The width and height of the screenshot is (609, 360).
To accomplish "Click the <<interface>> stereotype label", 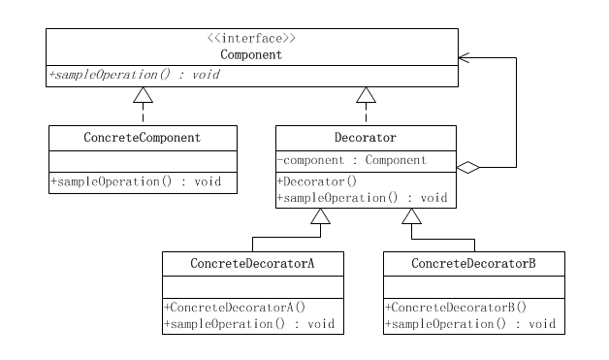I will click(251, 39).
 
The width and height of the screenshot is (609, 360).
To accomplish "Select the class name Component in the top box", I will click(251, 55).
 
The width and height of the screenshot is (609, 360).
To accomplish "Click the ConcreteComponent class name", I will click(142, 138).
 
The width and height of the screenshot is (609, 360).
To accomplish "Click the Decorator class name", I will click(365, 138).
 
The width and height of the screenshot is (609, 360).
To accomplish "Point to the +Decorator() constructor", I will click(317, 180).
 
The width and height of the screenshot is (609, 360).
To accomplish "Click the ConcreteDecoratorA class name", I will click(253, 263).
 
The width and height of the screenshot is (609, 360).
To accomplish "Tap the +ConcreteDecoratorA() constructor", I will click(235, 307).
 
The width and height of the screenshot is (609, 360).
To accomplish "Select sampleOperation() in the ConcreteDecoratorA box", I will click(250, 323).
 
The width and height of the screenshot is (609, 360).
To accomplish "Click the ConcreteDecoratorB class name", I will click(473, 263).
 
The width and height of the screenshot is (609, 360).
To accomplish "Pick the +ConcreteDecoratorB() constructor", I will click(456, 307).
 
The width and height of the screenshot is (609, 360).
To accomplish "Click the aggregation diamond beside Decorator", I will click(468, 168).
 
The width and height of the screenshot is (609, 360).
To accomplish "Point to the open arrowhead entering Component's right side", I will click(465, 57).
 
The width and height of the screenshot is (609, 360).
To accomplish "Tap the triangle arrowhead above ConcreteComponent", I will click(143, 94).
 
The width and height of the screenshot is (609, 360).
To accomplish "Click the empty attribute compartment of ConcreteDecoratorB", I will click(473, 286).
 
